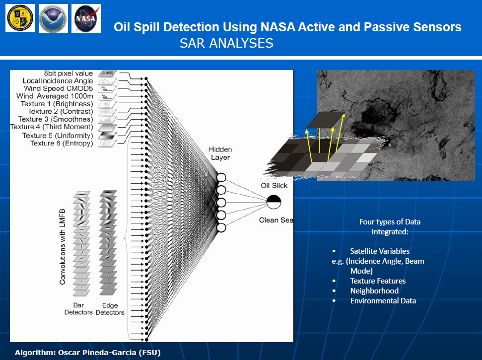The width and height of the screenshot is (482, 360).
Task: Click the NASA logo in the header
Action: click(86, 18)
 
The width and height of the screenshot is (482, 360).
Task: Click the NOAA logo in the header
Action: click(53, 18)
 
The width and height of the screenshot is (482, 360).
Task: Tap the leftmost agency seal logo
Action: click(20, 18)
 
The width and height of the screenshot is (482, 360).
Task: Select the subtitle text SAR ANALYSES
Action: click(226, 43)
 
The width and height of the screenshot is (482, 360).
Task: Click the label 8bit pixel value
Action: click(69, 73)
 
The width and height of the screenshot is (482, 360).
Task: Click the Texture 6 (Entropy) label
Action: click(62, 143)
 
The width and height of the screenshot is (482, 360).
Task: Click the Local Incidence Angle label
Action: click(58, 81)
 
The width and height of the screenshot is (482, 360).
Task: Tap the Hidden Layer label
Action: click(219, 153)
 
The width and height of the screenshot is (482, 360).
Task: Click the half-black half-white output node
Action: click(274, 202)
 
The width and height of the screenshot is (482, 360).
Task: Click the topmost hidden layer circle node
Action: click(221, 178)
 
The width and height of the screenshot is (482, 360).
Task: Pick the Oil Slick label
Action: click(275, 185)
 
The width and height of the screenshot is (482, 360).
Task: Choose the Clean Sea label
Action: click(276, 220)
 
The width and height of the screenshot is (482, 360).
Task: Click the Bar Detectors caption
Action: click(78, 308)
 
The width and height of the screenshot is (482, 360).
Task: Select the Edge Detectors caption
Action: click(110, 308)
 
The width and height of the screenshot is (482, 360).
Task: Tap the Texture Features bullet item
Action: click(377, 281)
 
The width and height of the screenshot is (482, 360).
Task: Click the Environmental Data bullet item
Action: click(383, 301)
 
